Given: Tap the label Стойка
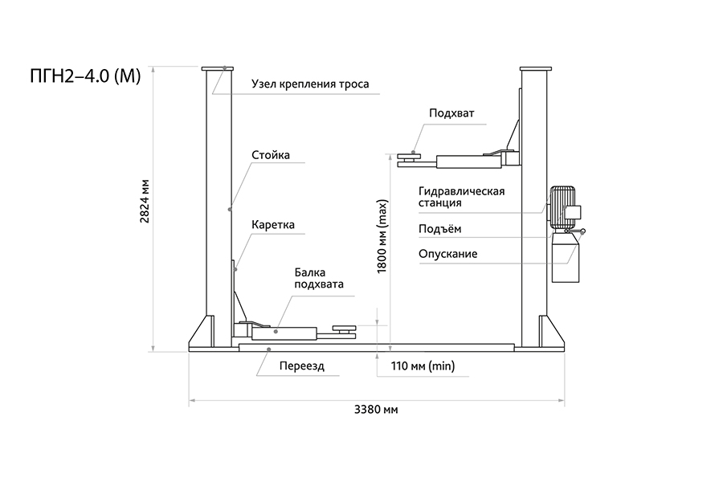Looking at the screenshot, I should [x=270, y=155].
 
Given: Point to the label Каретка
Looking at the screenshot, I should [x=273, y=226].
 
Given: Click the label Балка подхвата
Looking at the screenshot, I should [x=319, y=278].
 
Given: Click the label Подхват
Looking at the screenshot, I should [x=451, y=113].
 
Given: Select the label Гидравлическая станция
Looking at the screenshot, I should [x=460, y=197].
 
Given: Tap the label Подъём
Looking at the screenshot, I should [x=439, y=229].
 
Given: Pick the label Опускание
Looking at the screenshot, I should [x=447, y=254].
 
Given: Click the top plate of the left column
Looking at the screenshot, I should [x=219, y=69].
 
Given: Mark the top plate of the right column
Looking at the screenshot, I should [x=533, y=69].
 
